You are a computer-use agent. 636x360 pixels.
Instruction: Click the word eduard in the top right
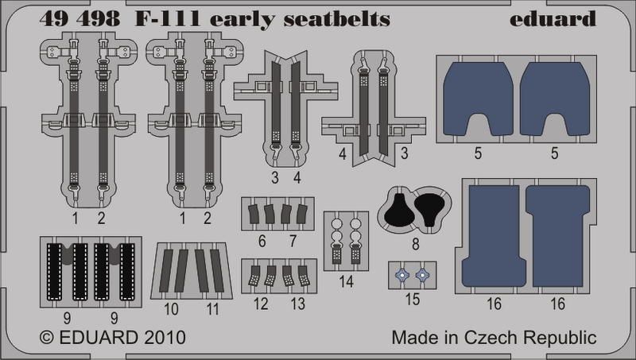coord(553,19)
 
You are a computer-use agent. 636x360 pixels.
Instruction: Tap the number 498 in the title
coord(101,19)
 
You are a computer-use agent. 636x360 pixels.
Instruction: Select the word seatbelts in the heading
coord(336,19)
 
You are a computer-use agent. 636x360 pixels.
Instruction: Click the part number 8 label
coord(415,245)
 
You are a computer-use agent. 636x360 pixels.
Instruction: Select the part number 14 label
coord(346,281)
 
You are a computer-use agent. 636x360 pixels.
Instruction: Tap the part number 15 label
coord(412,300)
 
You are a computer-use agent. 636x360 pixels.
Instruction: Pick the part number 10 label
coord(171,309)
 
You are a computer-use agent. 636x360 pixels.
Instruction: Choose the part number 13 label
coord(297,304)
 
